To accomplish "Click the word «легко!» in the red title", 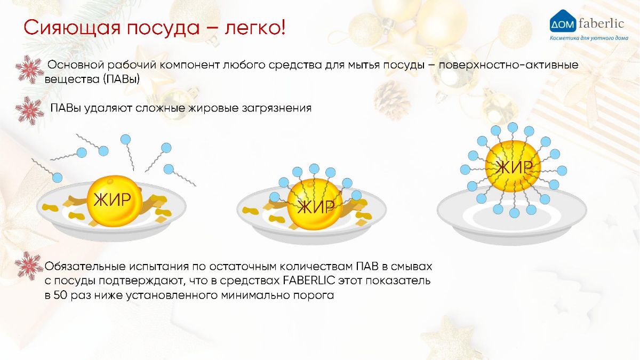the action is [x=255, y=28].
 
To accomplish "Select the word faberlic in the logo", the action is [x=601, y=23].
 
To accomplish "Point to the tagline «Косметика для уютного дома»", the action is [x=589, y=38].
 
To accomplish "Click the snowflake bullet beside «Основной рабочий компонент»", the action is [x=30, y=69].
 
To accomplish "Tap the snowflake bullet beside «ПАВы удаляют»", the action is [x=30, y=110].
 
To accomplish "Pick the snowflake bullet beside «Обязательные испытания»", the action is [x=29, y=266].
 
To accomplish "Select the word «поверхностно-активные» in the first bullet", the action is [x=509, y=65].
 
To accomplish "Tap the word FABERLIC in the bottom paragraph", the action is [x=309, y=281].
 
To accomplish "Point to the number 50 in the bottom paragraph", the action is [x=60, y=295].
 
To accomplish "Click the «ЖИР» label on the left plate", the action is [x=113, y=199].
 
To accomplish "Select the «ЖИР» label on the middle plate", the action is [x=316, y=206].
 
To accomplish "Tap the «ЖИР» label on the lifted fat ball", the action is [x=514, y=167].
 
